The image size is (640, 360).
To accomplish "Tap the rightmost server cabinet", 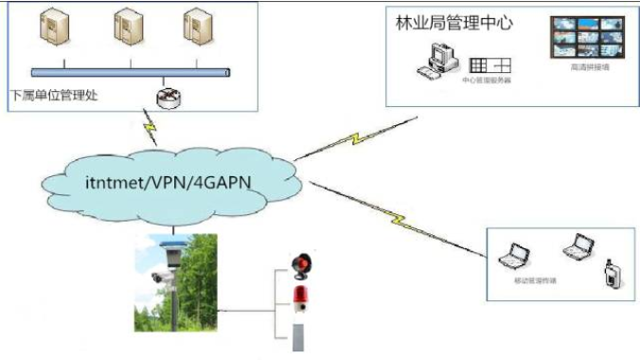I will point(196,27).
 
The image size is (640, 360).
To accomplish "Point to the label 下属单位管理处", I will point(54,95).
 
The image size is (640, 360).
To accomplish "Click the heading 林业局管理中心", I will point(453,22).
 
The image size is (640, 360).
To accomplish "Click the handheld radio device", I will point(610,275).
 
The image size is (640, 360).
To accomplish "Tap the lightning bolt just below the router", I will point(150,124).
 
